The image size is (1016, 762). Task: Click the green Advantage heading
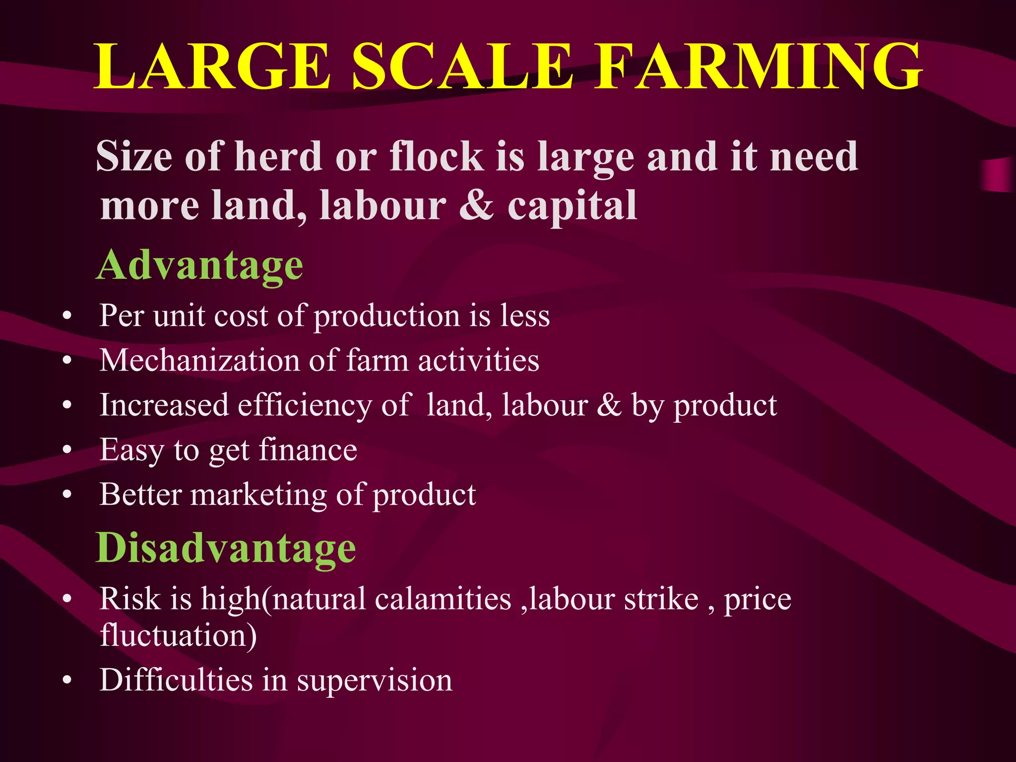coord(199,266)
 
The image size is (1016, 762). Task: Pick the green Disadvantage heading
coord(226,549)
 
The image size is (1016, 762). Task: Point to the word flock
coord(437,156)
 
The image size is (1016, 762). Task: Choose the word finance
coord(308,450)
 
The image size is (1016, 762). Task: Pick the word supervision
coord(375,681)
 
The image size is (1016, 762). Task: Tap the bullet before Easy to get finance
coord(67,450)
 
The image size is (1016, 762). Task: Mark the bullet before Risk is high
coord(67,599)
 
